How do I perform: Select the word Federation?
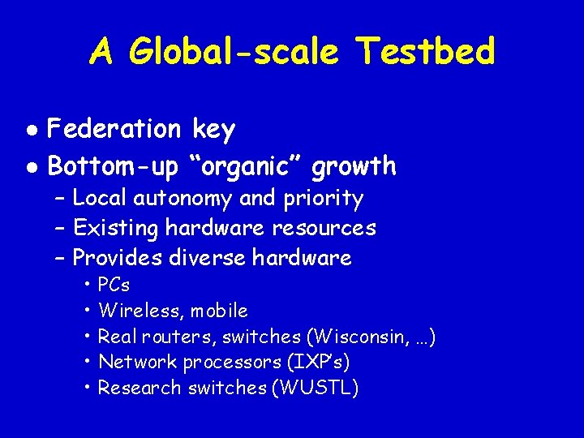point(115,129)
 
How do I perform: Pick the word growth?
point(354,167)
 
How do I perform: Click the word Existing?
point(115,229)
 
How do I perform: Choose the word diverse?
point(208,259)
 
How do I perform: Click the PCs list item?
point(114,286)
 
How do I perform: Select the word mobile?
point(221,311)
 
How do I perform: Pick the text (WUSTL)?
point(318,389)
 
